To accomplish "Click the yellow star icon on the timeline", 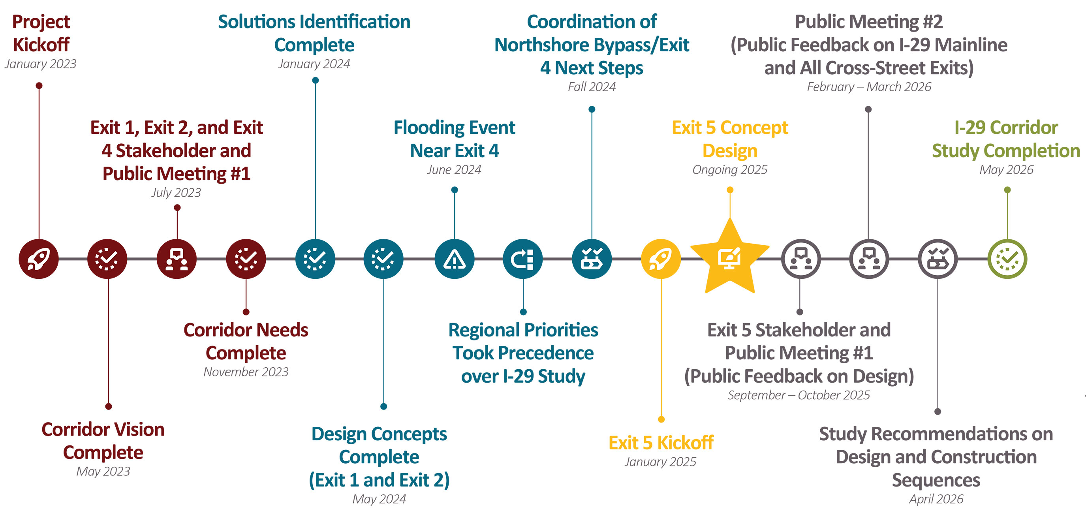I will click(x=730, y=258).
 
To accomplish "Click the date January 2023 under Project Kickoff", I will click(x=40, y=64).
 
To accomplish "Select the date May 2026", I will click(x=1006, y=169).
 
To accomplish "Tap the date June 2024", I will click(x=454, y=169).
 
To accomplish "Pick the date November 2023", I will click(x=246, y=372).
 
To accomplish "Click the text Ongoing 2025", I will click(x=730, y=169).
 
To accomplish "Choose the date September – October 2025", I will click(x=799, y=395).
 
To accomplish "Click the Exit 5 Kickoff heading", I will click(x=661, y=443).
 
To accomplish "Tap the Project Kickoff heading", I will click(x=41, y=33).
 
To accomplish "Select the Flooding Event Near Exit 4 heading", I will click(x=454, y=139).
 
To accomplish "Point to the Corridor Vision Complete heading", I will click(x=103, y=441).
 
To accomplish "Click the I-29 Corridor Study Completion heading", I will click(x=1006, y=139).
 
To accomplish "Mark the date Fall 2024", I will click(x=592, y=87).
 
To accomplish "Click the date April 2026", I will click(x=936, y=499).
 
